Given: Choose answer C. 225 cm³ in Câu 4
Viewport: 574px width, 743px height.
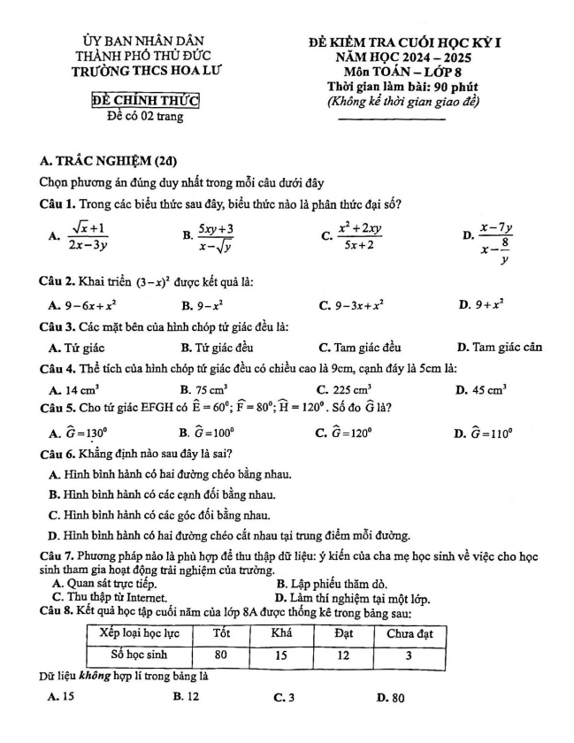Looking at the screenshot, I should coord(348,388).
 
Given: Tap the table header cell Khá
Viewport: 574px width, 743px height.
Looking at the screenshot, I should coord(281,633).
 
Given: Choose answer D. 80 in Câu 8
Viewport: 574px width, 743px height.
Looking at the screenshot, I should coord(390,699).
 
